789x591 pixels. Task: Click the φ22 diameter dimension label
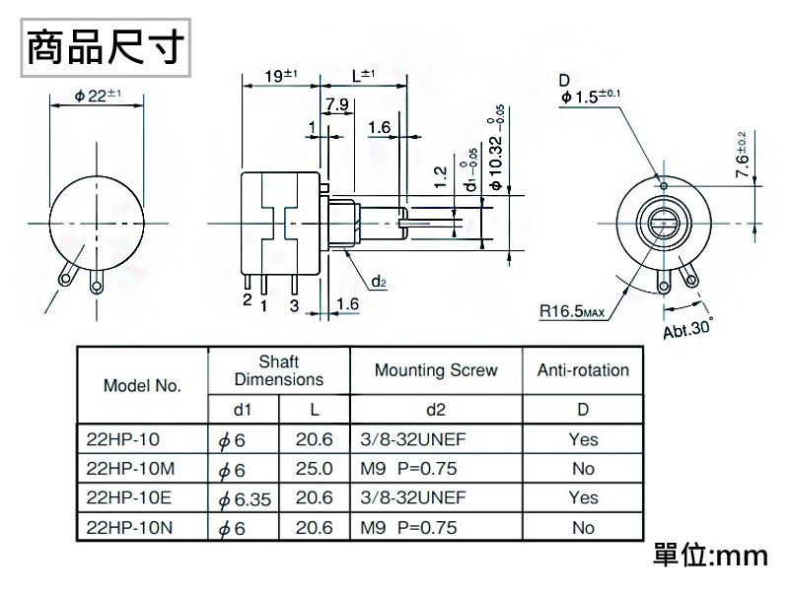[x=97, y=95]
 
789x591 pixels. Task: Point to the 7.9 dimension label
[x=335, y=105]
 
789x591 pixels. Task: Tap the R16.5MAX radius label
[x=571, y=312]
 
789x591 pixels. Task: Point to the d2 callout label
[x=379, y=282]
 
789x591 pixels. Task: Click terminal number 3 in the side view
[x=294, y=305]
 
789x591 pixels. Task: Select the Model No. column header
[x=142, y=385]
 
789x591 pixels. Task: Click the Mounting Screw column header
[x=436, y=370]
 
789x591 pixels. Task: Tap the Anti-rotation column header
[x=583, y=370]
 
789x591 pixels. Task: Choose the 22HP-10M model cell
[x=130, y=469]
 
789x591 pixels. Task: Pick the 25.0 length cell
[x=314, y=469]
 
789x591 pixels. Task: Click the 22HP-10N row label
[x=129, y=528]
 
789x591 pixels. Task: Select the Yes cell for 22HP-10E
[x=583, y=498]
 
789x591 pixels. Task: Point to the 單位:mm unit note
[x=710, y=557]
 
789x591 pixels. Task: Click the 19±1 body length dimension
[x=281, y=76]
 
